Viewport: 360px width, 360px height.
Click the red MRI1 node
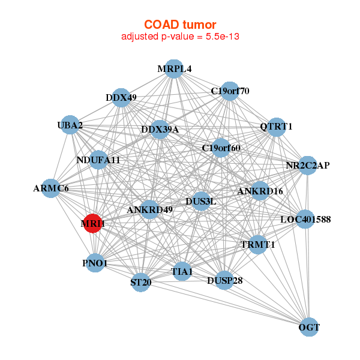point(92,223)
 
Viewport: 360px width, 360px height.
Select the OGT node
point(308,327)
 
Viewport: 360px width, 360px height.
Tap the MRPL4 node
point(173,68)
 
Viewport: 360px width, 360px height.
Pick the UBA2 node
point(70,125)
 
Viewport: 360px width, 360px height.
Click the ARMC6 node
point(52,188)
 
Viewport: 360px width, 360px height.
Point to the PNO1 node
point(95,263)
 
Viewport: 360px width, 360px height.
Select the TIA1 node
point(182,271)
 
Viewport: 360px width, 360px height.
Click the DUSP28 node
point(224,280)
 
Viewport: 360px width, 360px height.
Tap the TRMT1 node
point(257,245)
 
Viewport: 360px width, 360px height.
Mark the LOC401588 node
point(305,220)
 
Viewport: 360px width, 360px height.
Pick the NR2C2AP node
point(307,165)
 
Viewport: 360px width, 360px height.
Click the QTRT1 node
point(276,127)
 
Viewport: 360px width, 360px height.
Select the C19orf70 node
point(229,91)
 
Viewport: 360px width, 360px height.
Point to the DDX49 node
point(121,97)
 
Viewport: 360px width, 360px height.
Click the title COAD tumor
point(179,25)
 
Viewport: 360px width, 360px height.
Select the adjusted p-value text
point(181,37)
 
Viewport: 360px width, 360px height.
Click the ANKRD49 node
point(150,209)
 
